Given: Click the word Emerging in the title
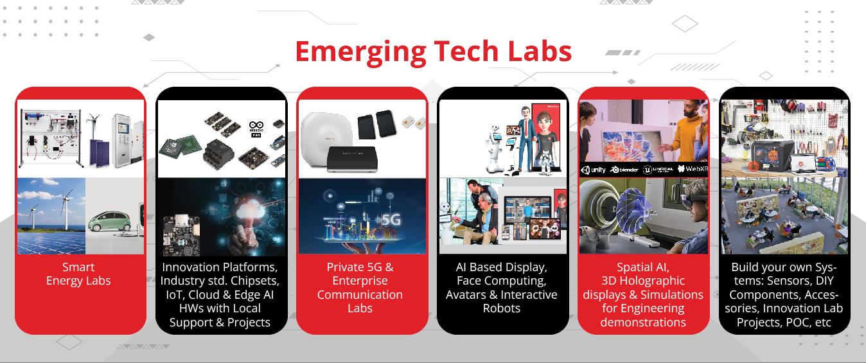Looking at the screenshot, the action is tap(361, 53).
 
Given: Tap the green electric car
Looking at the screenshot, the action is tap(112, 222).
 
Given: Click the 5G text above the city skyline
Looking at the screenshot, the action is tap(391, 220).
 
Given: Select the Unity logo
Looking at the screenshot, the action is tap(593, 170).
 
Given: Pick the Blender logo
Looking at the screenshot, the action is tap(624, 170).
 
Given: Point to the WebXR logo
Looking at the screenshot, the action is tap(693, 169).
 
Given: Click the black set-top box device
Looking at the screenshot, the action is tap(352, 159).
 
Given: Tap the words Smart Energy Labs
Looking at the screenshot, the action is tap(78, 274).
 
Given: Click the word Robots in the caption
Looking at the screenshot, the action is tap(502, 308).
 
